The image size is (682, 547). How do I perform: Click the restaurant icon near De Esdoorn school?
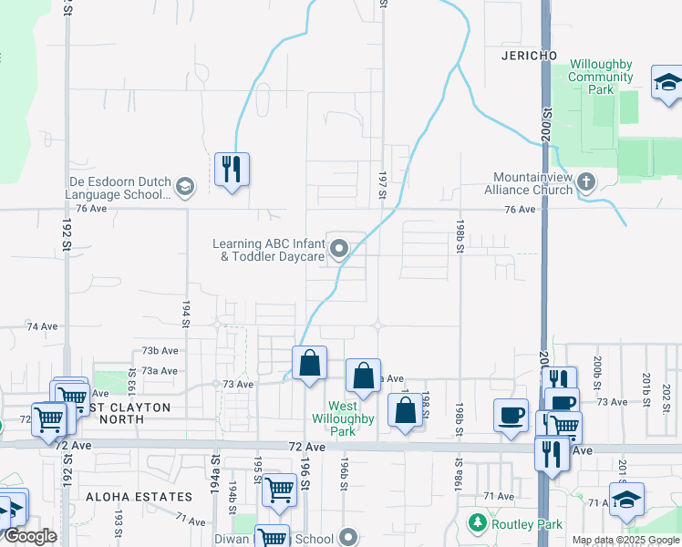232,169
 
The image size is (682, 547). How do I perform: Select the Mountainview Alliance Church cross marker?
586,182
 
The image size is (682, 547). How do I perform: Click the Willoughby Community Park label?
601,77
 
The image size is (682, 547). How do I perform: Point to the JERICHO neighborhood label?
529,56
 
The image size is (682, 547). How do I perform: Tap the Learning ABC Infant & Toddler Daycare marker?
339,248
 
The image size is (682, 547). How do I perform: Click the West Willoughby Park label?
350,418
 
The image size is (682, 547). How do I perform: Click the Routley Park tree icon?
475,523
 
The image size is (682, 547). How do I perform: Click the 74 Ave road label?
42,325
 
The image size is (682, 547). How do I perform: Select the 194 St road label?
185,315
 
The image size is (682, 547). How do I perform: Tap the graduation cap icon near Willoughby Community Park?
667,83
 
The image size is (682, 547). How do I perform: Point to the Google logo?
29,536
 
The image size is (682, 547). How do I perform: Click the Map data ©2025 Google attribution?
626,540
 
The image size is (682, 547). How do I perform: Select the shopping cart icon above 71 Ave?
279,490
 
